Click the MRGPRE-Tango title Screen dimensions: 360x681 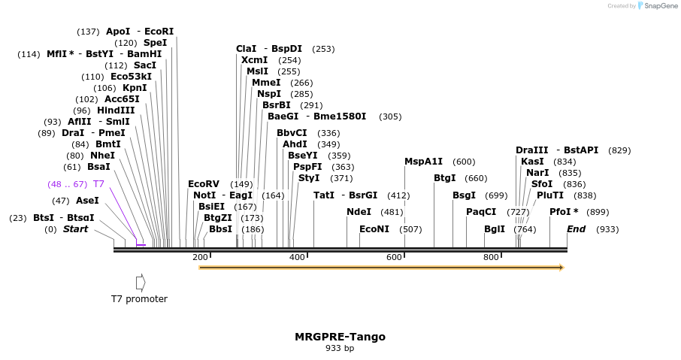(x=340, y=337)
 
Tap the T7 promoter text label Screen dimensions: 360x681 (x=139, y=299)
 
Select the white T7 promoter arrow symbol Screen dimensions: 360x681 (x=140, y=283)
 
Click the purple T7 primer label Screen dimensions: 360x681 (x=98, y=184)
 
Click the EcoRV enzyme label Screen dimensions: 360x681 (x=204, y=184)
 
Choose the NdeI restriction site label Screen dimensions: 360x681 (x=359, y=212)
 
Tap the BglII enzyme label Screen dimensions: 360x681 (x=495, y=229)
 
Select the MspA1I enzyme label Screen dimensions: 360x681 (x=424, y=162)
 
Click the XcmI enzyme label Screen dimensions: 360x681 (x=255, y=60)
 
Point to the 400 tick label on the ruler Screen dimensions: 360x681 (x=297, y=258)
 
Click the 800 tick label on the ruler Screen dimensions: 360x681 (x=491, y=258)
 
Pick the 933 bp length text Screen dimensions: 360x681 (x=340, y=349)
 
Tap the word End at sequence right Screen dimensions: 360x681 (x=576, y=229)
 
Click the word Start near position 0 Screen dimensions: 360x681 (x=75, y=229)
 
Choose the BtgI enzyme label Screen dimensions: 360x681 (x=445, y=178)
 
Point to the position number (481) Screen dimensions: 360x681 (x=392, y=212)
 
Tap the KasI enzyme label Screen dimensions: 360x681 (x=532, y=162)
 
